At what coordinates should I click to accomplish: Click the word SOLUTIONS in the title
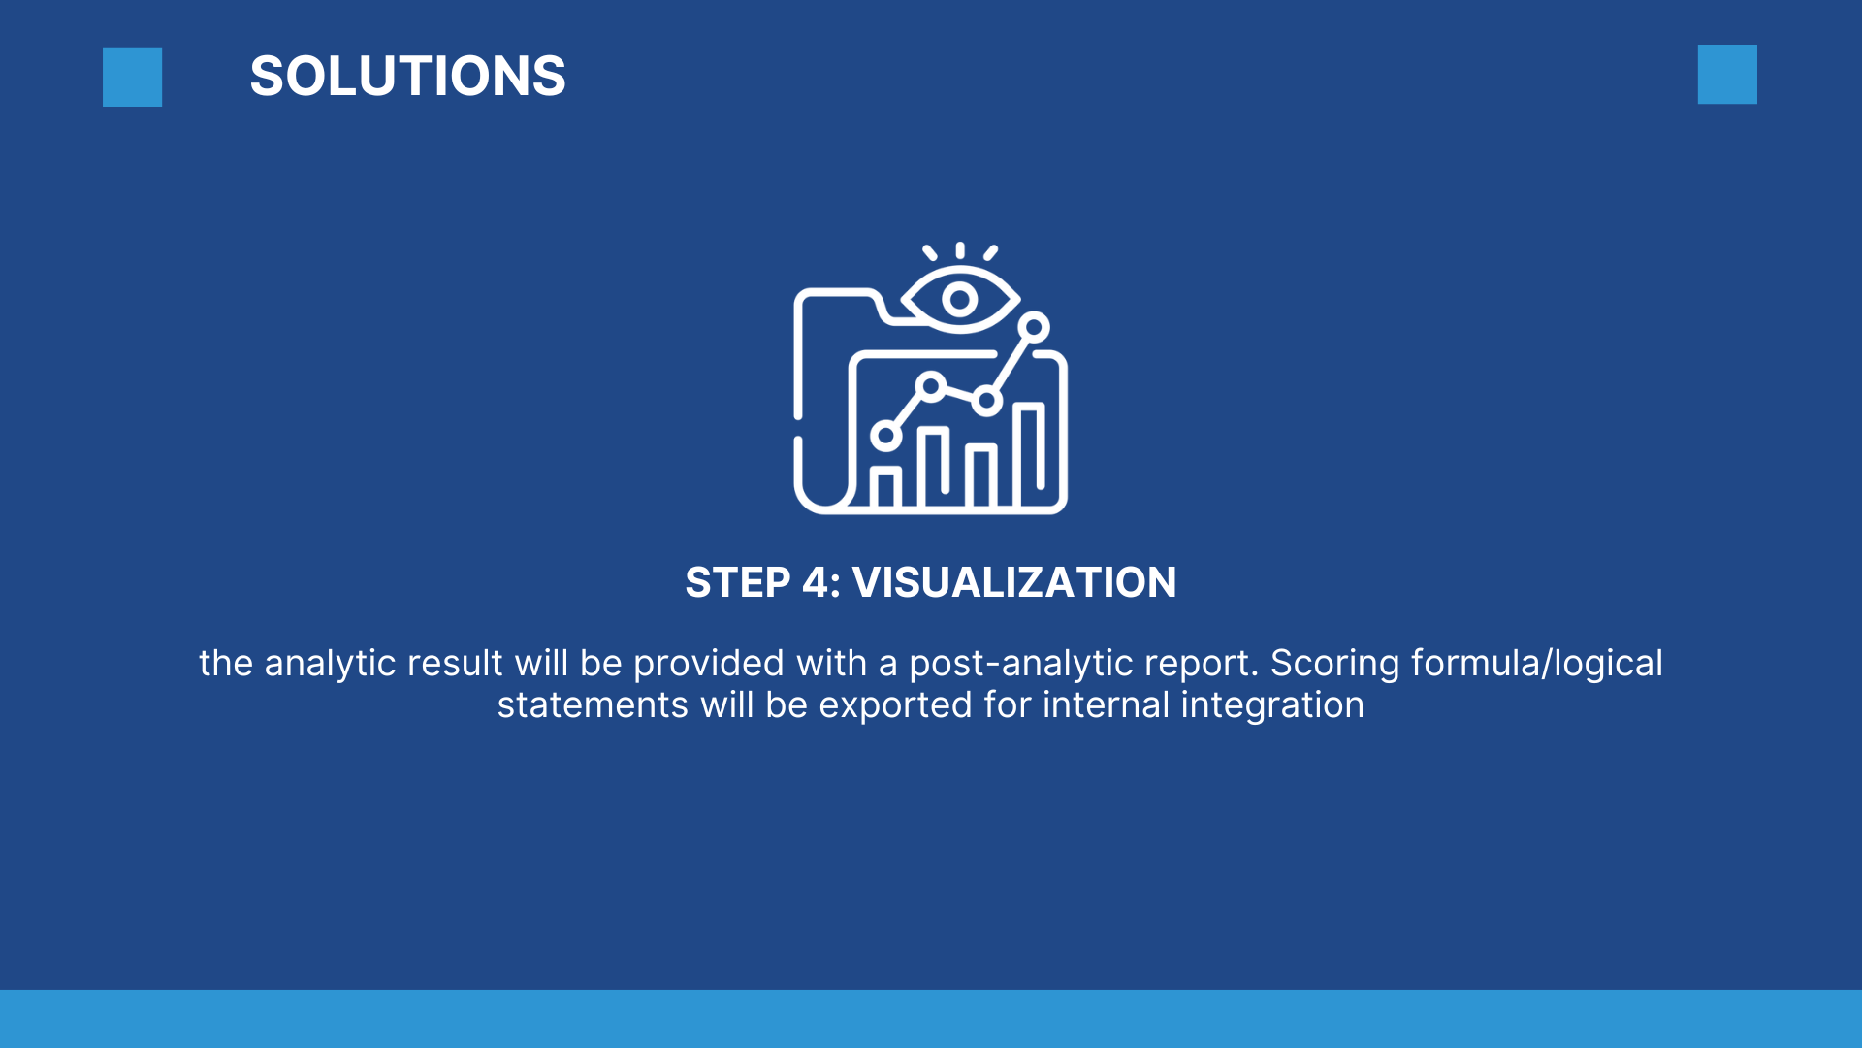(x=407, y=76)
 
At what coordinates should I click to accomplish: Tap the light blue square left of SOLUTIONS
(x=132, y=77)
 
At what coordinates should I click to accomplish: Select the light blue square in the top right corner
(x=1727, y=74)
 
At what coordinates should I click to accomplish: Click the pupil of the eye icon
(x=960, y=300)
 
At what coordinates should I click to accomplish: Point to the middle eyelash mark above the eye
(x=960, y=250)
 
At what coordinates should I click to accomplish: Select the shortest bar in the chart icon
(x=884, y=487)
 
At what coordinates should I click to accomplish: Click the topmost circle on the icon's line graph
(x=1034, y=327)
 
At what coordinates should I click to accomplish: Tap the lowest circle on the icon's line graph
(x=885, y=436)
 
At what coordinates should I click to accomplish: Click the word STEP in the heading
(x=738, y=582)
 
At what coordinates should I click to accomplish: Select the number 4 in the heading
(x=816, y=582)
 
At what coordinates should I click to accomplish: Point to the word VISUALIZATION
(x=1013, y=582)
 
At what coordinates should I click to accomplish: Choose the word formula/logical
(x=1537, y=664)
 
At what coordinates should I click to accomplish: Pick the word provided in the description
(x=708, y=665)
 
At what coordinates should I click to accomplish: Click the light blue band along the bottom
(x=931, y=1019)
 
